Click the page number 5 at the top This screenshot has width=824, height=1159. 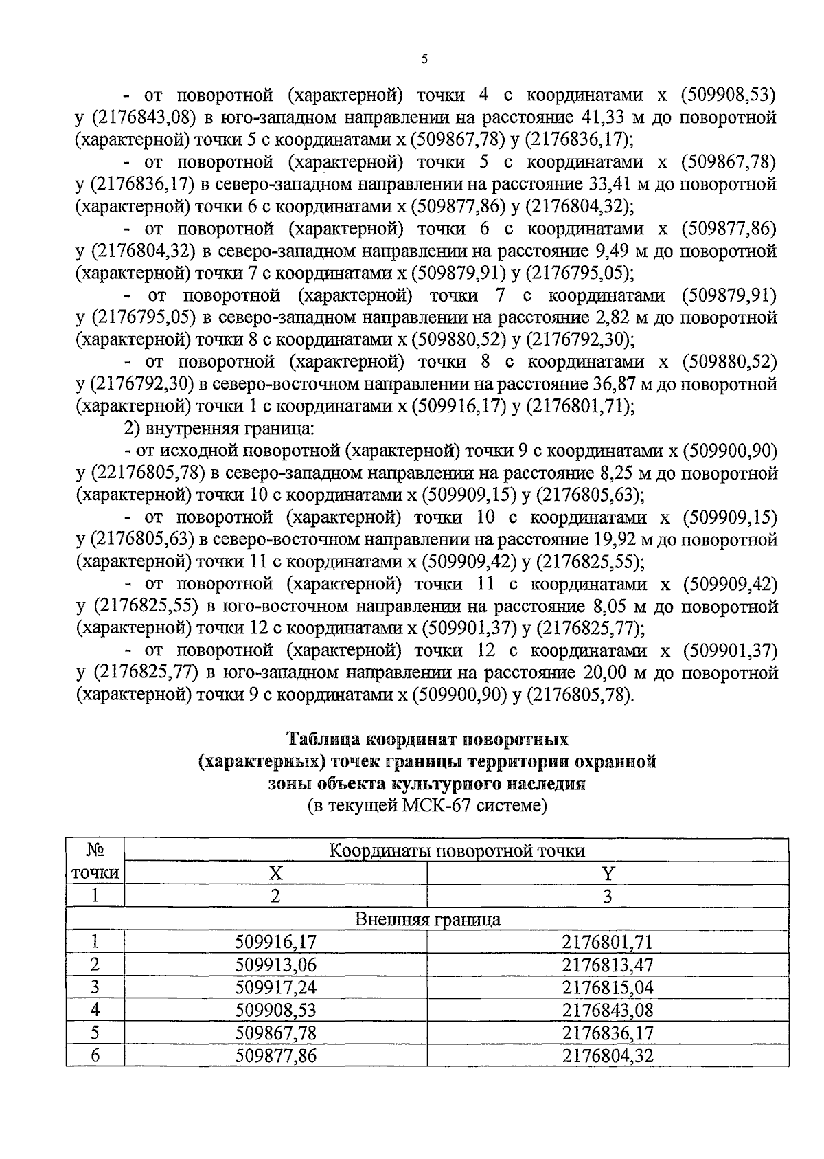click(x=424, y=60)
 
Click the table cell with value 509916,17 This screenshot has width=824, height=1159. click(x=275, y=942)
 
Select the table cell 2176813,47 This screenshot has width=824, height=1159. click(x=607, y=965)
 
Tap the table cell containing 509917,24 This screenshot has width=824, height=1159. click(x=275, y=987)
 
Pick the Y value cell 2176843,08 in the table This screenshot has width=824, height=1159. click(x=607, y=1010)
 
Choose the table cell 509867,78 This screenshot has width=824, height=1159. click(x=275, y=1033)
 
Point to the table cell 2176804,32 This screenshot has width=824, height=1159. click(x=607, y=1055)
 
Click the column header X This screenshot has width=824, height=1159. click(x=275, y=873)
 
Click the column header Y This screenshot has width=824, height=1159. click(x=607, y=873)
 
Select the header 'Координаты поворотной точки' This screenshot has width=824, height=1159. click(x=457, y=851)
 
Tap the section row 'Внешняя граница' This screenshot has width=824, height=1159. click(x=427, y=919)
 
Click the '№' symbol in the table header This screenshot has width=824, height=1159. click(x=95, y=850)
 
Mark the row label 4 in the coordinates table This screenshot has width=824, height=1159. click(x=95, y=1010)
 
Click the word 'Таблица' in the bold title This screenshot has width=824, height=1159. click(x=324, y=740)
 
